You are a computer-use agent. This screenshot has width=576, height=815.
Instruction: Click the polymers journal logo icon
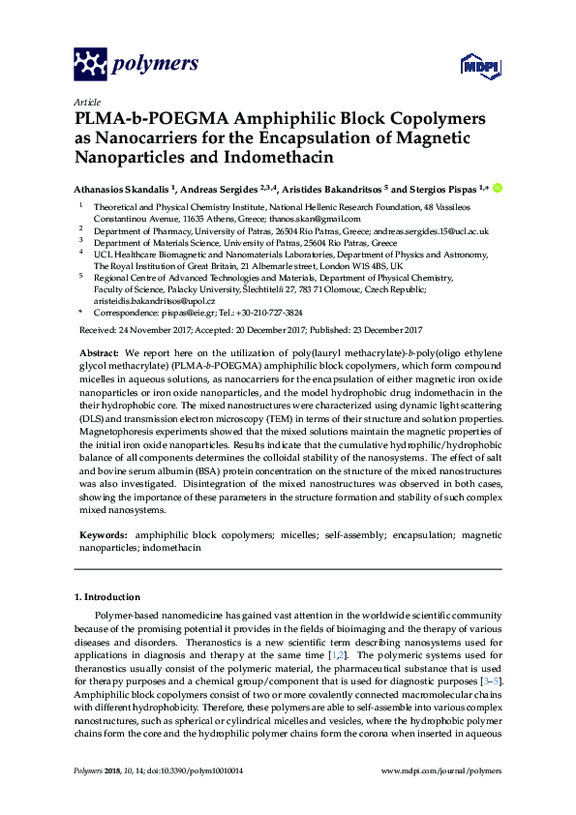[x=90, y=64]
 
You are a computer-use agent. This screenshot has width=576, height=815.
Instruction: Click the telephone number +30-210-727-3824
[x=271, y=314]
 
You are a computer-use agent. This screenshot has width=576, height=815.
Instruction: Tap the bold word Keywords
[x=103, y=534]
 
